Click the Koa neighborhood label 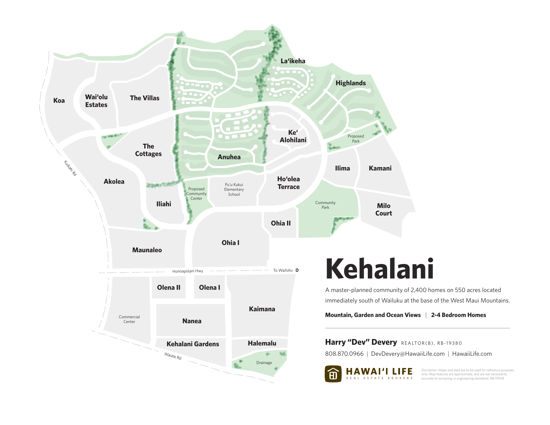click(x=59, y=100)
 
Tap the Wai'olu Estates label click(x=96, y=101)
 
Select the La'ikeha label click(x=293, y=61)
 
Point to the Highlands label click(x=350, y=83)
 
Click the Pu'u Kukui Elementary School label click(x=234, y=189)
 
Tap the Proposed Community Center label click(x=196, y=193)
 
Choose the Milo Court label click(x=383, y=209)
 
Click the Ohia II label click(x=280, y=223)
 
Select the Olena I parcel click(x=209, y=287)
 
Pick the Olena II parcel click(x=168, y=287)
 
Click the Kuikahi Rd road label click(x=70, y=168)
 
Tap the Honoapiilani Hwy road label click(x=187, y=271)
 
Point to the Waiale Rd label click(x=173, y=356)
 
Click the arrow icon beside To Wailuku click(x=297, y=270)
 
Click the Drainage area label click(x=264, y=362)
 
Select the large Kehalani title click(x=379, y=269)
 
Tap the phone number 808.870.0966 click(x=344, y=354)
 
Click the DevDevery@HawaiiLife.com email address click(x=407, y=354)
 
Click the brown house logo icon click(x=333, y=374)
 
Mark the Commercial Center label click(x=129, y=319)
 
